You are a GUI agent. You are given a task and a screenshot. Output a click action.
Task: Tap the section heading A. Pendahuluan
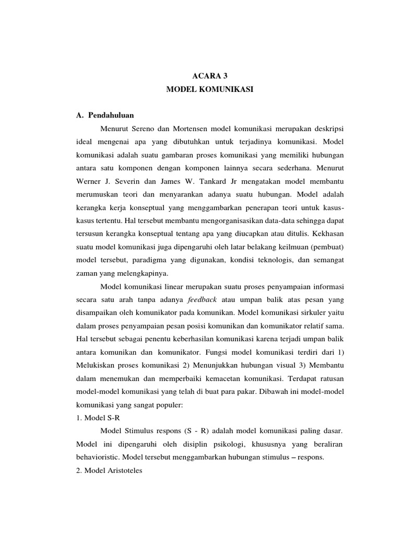105,114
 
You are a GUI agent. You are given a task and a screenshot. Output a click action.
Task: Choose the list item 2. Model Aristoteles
112,471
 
